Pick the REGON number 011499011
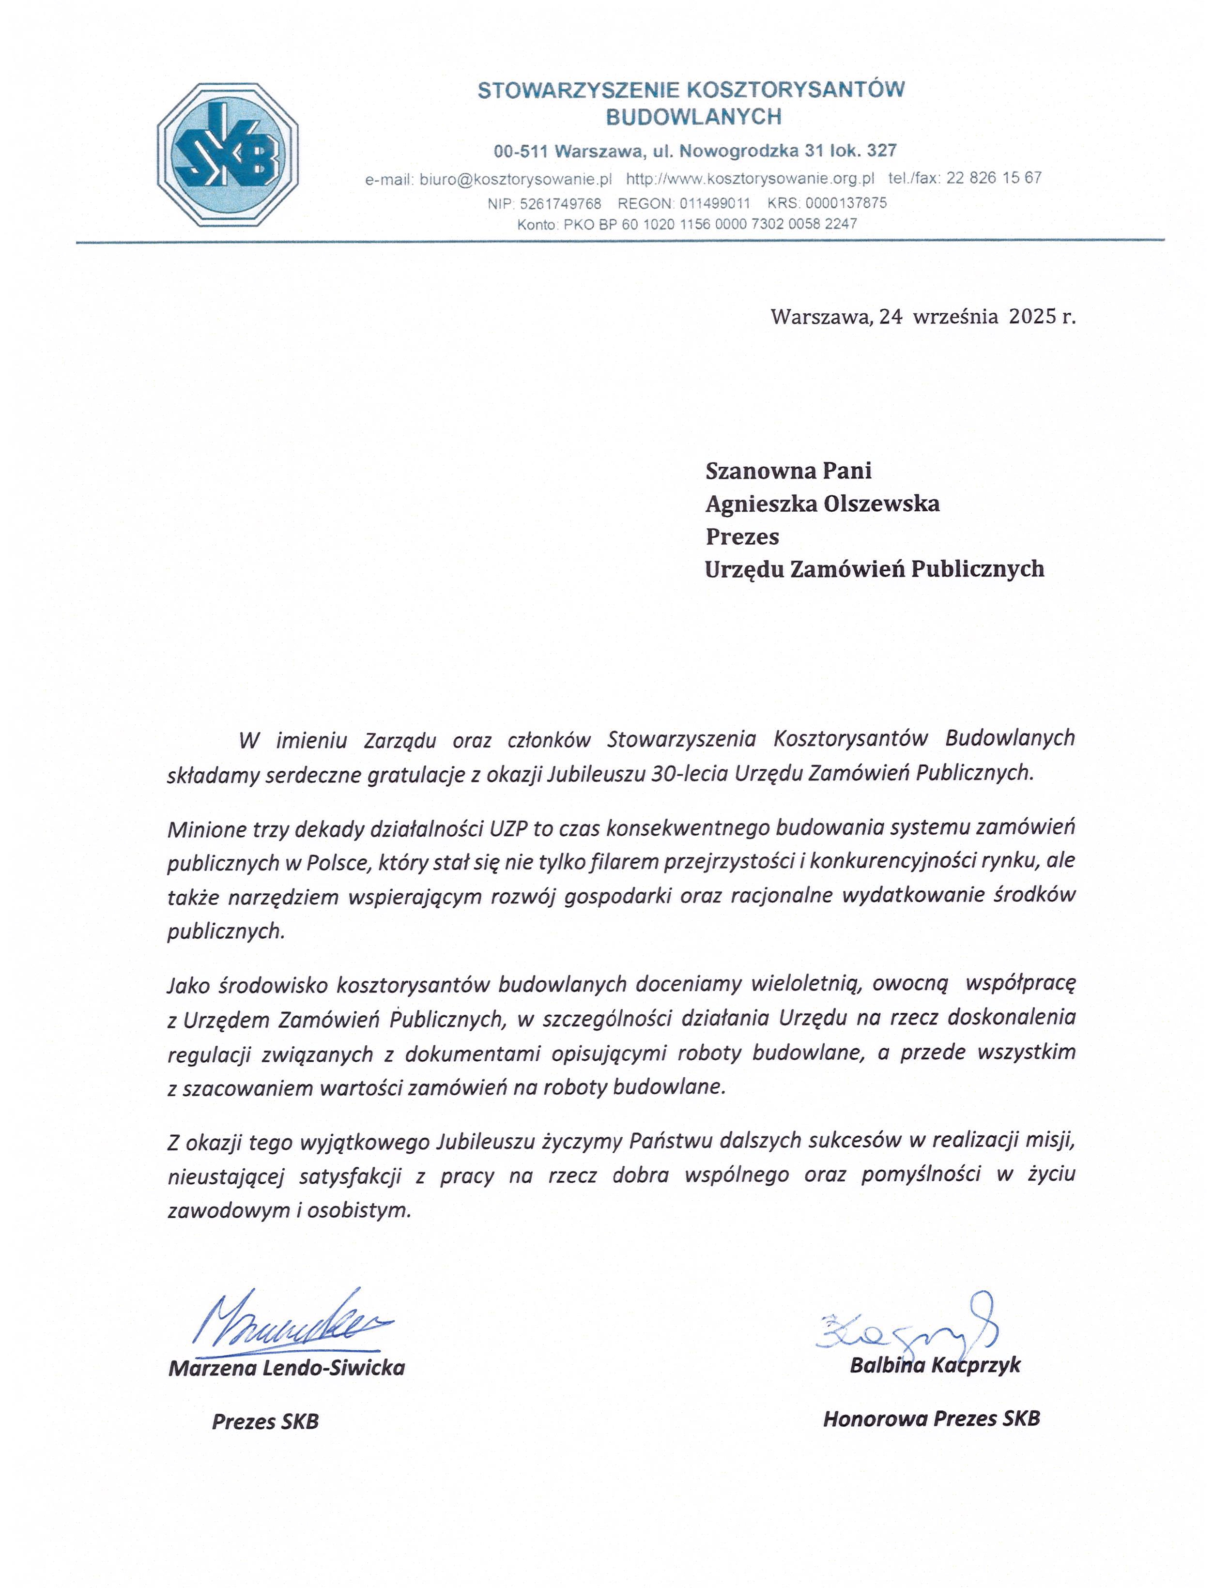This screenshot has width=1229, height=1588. pyautogui.click(x=715, y=204)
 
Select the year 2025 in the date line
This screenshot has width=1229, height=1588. pyautogui.click(x=1032, y=316)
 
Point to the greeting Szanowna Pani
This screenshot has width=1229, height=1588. pyautogui.click(x=787, y=471)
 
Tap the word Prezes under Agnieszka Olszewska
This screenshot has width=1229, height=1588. pyautogui.click(x=742, y=536)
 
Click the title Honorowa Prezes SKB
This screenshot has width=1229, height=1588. pyautogui.click(x=931, y=1419)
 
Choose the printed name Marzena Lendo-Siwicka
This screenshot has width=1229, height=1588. pyautogui.click(x=287, y=1368)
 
